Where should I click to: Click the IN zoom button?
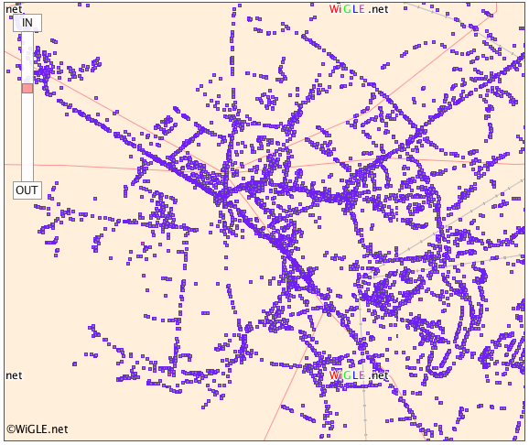tap(27, 23)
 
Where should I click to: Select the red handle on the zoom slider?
tap(27, 88)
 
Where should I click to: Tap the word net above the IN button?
tap(14, 9)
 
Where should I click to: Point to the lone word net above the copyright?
tap(14, 375)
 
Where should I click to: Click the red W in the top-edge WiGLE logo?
tap(335, 9)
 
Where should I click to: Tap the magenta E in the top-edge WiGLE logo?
tap(363, 9)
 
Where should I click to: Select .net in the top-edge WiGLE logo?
tap(379, 9)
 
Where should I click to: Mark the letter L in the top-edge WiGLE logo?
tap(357, 9)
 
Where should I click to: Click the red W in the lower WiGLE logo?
tap(335, 375)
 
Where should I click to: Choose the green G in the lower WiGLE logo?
tap(349, 375)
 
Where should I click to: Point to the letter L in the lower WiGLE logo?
tap(357, 375)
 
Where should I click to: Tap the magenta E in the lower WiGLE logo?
tap(363, 375)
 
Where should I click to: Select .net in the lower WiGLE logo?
tap(379, 375)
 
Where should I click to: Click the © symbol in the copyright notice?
tap(11, 429)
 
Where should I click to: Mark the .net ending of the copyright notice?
tap(59, 429)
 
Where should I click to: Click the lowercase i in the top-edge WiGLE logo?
tap(342, 9)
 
